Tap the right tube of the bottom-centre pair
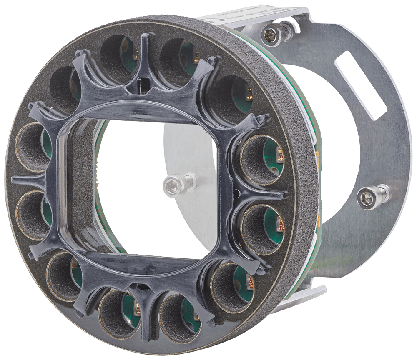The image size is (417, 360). coord(178,317)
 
